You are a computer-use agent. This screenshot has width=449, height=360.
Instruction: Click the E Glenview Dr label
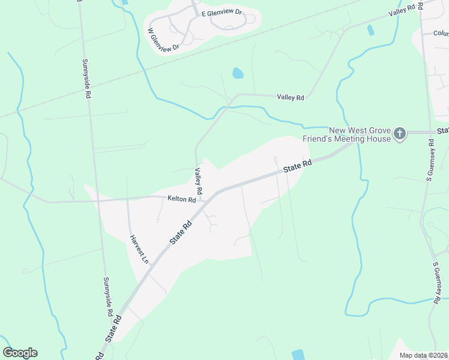pyautogui.click(x=221, y=11)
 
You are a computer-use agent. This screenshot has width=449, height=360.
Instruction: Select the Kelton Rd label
pyautogui.click(x=182, y=199)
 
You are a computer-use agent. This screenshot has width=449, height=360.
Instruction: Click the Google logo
pyautogui.click(x=20, y=353)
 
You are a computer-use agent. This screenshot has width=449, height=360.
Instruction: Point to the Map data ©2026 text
pyautogui.click(x=423, y=355)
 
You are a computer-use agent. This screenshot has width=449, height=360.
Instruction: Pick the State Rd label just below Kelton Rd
pyautogui.click(x=180, y=231)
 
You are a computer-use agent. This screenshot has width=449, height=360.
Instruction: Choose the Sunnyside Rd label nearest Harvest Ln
pyautogui.click(x=107, y=296)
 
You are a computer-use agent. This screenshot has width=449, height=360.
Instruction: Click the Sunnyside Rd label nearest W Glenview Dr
pyautogui.click(x=86, y=78)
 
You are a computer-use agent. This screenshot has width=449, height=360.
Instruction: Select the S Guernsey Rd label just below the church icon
pyautogui.click(x=430, y=160)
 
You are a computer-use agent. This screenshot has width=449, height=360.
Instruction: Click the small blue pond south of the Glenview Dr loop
pyautogui.click(x=238, y=73)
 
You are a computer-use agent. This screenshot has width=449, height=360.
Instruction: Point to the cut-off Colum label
pyautogui.click(x=441, y=34)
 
